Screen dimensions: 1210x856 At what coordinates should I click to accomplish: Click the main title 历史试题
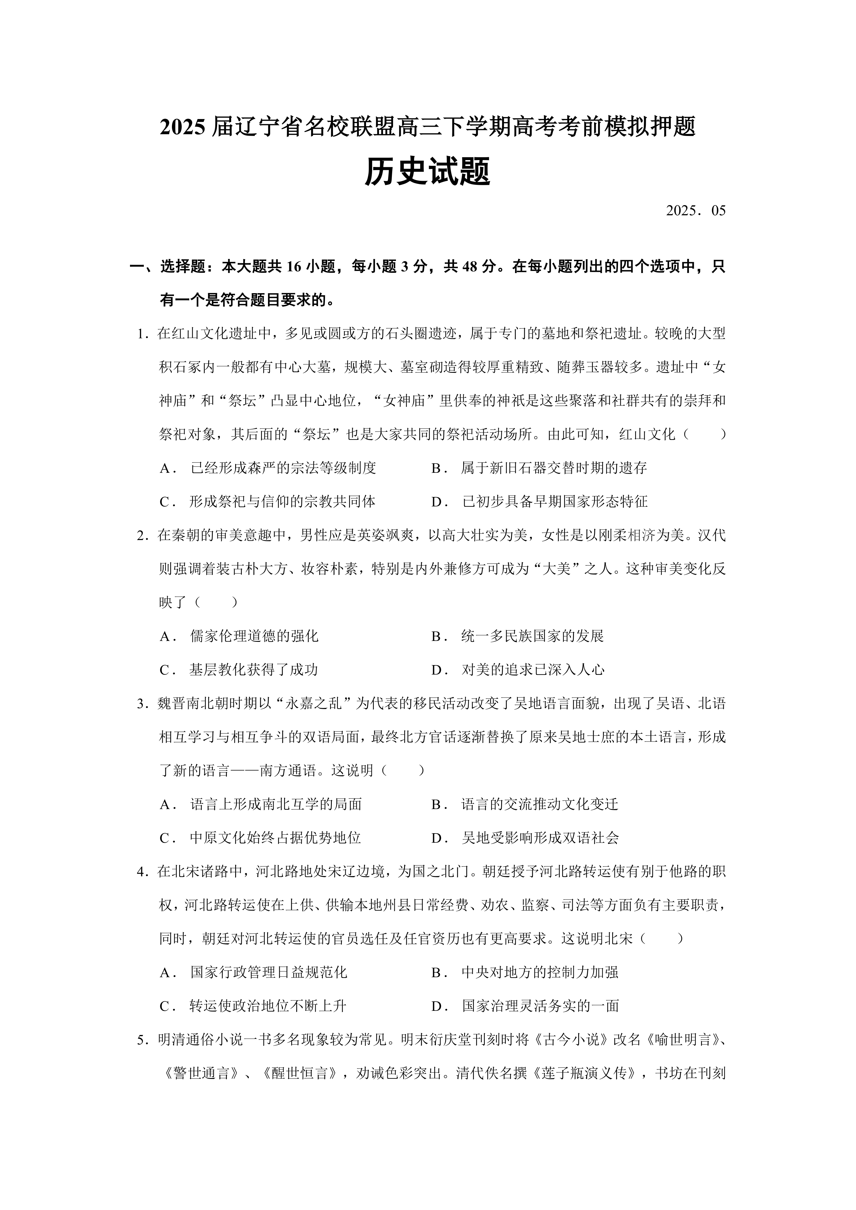coord(428,172)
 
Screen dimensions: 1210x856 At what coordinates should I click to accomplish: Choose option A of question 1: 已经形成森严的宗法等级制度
coord(283,468)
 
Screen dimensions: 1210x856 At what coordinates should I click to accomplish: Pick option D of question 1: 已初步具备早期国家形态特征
coord(554,502)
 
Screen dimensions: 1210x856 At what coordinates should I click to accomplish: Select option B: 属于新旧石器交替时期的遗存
coord(554,468)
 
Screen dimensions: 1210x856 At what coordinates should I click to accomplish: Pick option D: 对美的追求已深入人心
coord(532,670)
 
